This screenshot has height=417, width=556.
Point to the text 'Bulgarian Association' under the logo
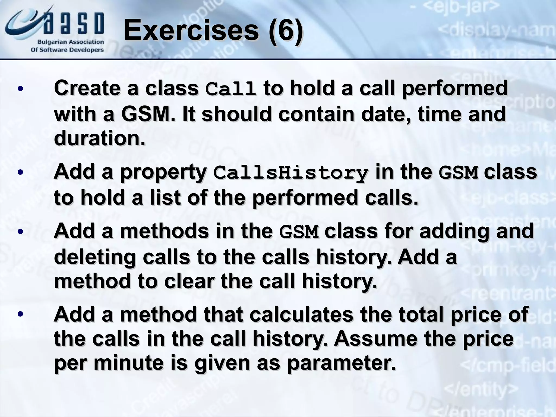[71, 42]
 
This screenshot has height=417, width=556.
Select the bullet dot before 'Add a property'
[20, 172]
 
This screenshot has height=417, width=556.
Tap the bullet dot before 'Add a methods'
[20, 232]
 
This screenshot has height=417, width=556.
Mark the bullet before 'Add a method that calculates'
[20, 314]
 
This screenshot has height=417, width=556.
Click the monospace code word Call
[230, 89]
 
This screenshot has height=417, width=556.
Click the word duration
[99, 138]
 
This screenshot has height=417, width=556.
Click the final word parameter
[341, 363]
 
